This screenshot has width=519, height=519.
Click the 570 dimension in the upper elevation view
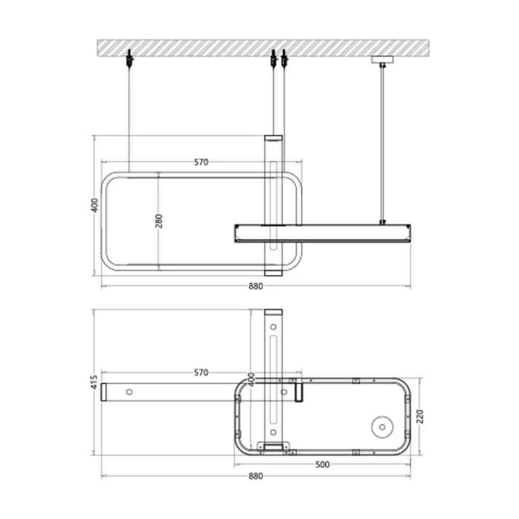click(x=201, y=162)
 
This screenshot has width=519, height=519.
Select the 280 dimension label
click(x=159, y=221)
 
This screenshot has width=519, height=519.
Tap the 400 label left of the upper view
click(x=94, y=205)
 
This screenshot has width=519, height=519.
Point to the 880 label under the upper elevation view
click(x=256, y=286)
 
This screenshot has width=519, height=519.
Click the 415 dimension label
click(x=94, y=382)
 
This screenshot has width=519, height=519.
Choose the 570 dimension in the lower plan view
click(x=201, y=373)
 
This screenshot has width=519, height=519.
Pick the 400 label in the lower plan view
click(x=252, y=380)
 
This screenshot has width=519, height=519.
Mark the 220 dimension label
click(x=420, y=416)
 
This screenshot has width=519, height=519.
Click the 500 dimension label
click(x=322, y=465)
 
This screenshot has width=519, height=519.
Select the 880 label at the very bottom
click(x=256, y=476)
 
